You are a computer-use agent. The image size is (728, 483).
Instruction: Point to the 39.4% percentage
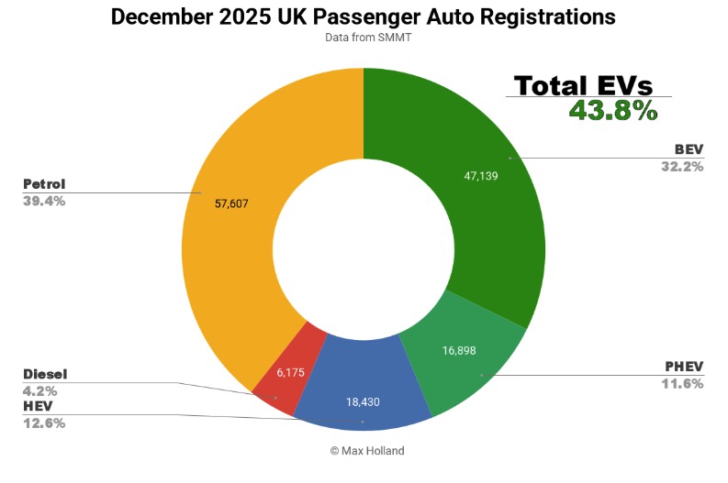pos(44,201)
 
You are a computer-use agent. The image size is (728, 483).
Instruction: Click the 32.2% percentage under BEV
pos(681,166)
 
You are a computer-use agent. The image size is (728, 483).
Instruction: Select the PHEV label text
pos(684,368)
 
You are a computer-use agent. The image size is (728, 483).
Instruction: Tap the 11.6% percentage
pos(682,383)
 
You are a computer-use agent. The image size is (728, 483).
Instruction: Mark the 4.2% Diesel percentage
pos(40,390)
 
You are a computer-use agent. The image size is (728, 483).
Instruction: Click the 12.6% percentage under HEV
pos(44,422)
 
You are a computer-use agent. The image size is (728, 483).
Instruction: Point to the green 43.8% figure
pos(612,111)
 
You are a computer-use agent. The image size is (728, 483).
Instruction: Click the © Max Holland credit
pos(364,450)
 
